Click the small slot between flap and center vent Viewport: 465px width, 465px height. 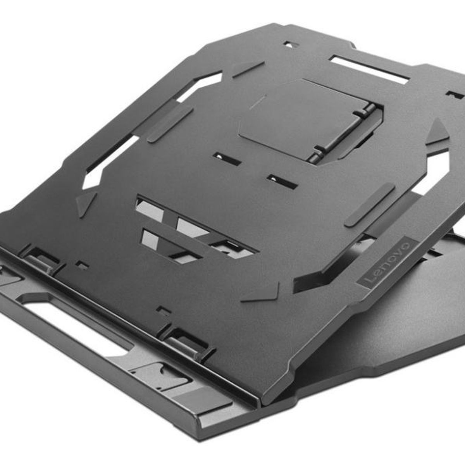[x=281, y=181]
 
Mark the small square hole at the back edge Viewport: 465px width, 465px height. [x=289, y=45]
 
